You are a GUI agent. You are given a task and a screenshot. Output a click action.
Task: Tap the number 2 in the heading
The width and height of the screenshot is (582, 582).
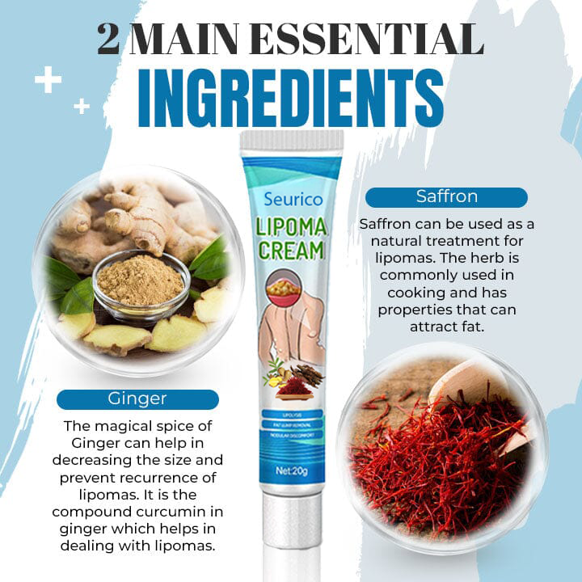[x=108, y=40]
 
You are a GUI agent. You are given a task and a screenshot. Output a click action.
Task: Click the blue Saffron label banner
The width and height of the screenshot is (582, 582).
[x=446, y=196]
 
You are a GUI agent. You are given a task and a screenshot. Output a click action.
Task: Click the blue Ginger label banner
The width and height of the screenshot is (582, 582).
[x=137, y=399]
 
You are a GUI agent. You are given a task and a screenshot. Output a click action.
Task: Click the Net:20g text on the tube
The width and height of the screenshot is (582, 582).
[x=292, y=468]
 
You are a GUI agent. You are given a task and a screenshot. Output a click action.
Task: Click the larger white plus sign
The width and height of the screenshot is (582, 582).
[x=48, y=81]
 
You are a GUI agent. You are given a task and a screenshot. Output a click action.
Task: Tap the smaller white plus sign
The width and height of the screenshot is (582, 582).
[x=82, y=106]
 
